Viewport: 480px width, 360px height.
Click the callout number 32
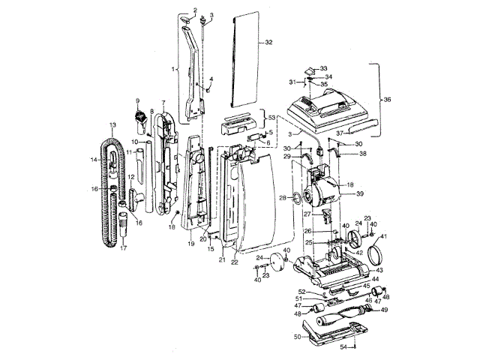(268, 43)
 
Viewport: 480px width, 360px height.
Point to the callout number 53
(272, 118)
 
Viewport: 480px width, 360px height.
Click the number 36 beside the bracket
(388, 99)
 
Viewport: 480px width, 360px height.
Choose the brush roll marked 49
(348, 310)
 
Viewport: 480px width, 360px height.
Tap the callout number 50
(296, 337)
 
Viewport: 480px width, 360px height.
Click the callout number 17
(124, 247)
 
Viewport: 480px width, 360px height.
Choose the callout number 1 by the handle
(174, 70)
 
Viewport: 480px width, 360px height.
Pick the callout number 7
(163, 102)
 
